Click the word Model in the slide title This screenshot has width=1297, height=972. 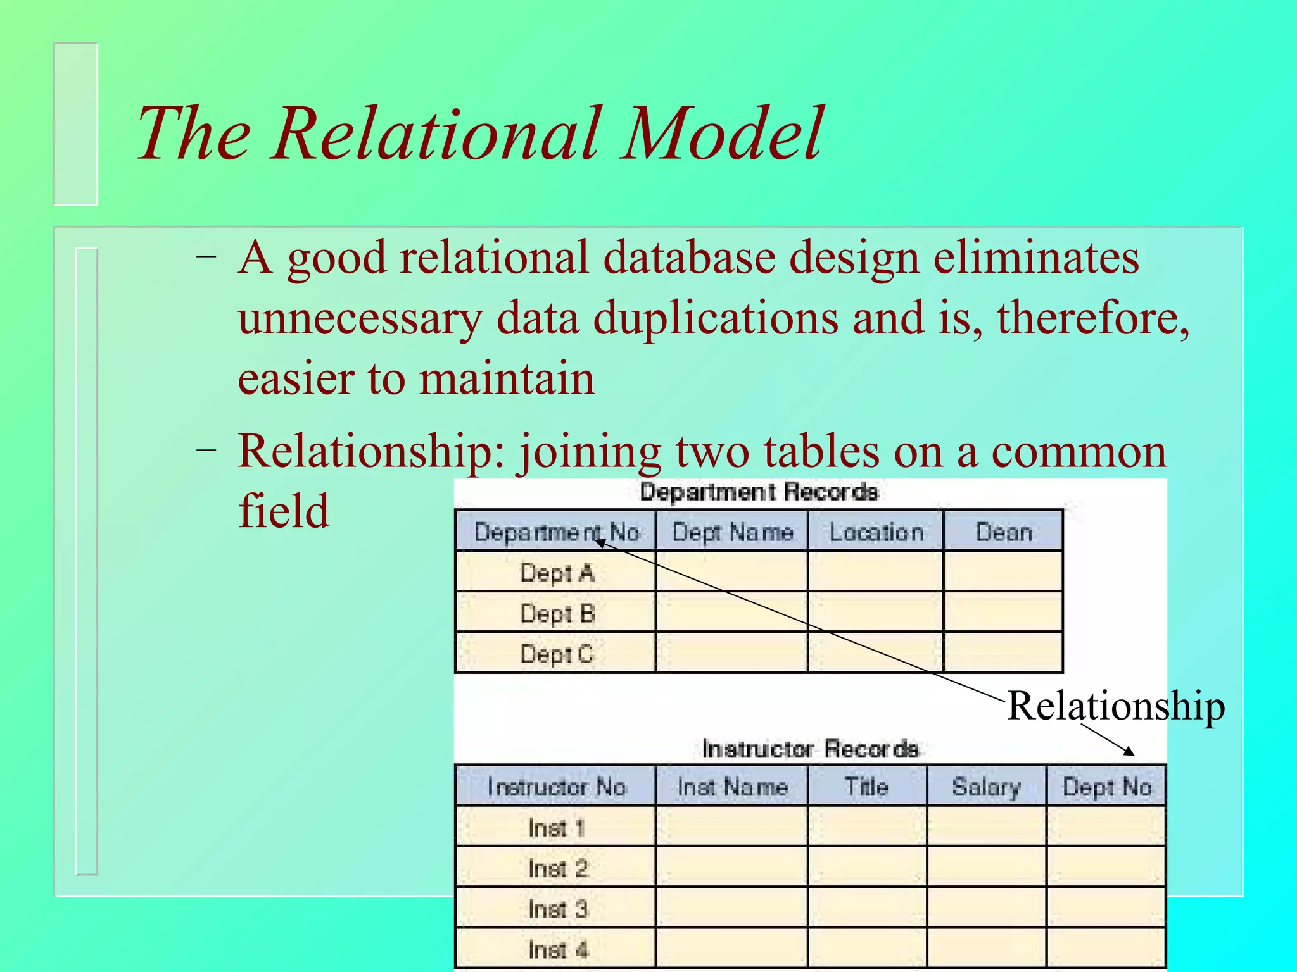[722, 134]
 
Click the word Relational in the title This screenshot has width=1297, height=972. [437, 134]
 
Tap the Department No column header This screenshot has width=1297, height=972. [556, 532]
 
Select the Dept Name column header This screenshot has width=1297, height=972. [732, 532]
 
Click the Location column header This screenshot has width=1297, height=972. [876, 532]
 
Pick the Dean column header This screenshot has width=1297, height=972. [1004, 532]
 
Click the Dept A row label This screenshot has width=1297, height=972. [557, 573]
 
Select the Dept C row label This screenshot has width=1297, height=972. [557, 654]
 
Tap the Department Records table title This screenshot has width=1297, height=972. [759, 492]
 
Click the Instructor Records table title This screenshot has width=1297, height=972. [810, 749]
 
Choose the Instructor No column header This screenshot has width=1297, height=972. [556, 787]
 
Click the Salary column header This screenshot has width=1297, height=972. [986, 787]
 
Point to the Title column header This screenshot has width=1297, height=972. [866, 787]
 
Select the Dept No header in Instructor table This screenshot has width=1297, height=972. [1106, 787]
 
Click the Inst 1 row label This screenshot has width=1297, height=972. [557, 828]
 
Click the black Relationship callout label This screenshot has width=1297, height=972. [1116, 706]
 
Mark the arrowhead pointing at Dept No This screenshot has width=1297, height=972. [1130, 752]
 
